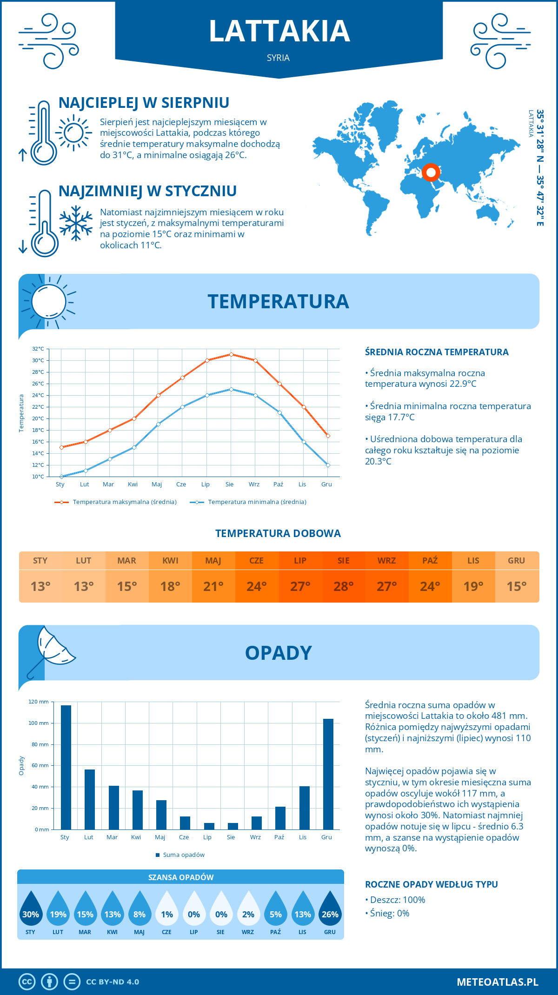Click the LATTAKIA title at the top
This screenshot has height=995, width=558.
click(279, 31)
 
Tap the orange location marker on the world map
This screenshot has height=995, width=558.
click(431, 172)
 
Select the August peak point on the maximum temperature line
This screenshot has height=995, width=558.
click(231, 354)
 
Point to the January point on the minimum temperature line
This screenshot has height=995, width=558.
click(61, 477)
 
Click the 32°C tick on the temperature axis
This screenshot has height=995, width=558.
click(38, 349)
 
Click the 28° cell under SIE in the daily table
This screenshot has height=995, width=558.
click(343, 586)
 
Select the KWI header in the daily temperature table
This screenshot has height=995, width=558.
click(170, 561)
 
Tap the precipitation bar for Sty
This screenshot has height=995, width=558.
click(66, 767)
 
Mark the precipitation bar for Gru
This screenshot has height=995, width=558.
click(328, 774)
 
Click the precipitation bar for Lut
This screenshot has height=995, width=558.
click(90, 799)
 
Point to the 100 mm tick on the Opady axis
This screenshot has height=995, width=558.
click(39, 723)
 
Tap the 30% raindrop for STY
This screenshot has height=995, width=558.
click(31, 910)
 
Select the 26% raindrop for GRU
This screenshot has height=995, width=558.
click(330, 910)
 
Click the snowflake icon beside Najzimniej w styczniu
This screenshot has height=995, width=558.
click(76, 223)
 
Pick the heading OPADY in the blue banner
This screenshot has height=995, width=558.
click(278, 653)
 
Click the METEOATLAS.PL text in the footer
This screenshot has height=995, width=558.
click(497, 982)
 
